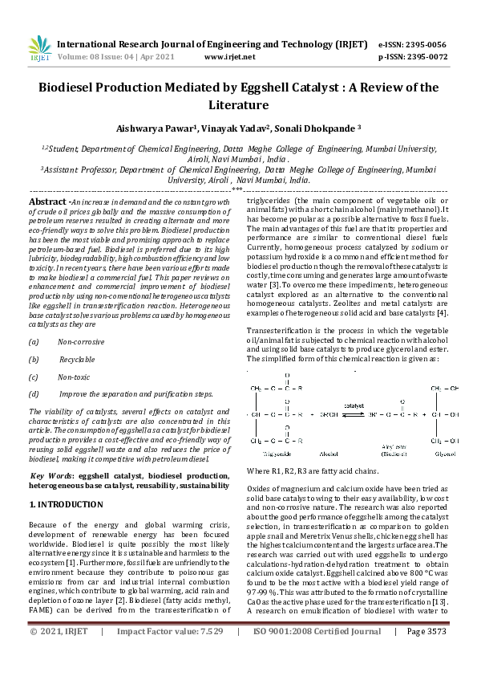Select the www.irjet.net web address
(x=230, y=57)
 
